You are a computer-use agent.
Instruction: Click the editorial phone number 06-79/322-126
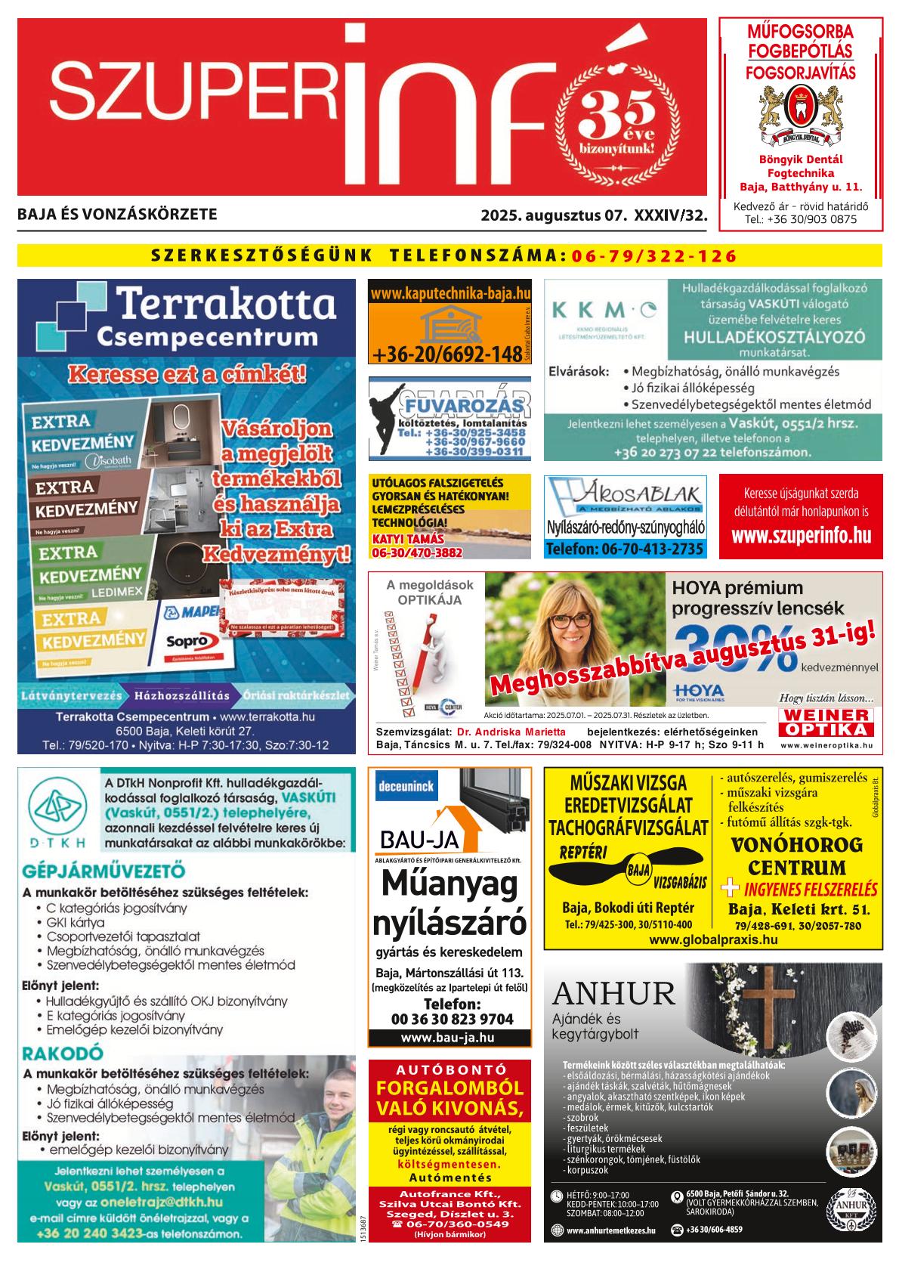(x=654, y=255)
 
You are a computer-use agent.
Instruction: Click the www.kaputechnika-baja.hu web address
(x=450, y=292)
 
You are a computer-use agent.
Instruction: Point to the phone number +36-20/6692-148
(x=446, y=354)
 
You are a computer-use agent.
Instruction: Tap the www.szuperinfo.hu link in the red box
(x=801, y=536)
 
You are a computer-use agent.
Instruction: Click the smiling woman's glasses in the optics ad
(x=570, y=621)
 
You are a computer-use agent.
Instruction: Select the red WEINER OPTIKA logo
(x=826, y=722)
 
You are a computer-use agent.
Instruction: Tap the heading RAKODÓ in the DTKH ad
(x=63, y=1053)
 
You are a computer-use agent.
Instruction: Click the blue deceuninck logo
(x=405, y=786)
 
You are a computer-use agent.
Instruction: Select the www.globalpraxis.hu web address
(x=712, y=940)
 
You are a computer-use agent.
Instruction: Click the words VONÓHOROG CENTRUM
(x=796, y=856)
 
